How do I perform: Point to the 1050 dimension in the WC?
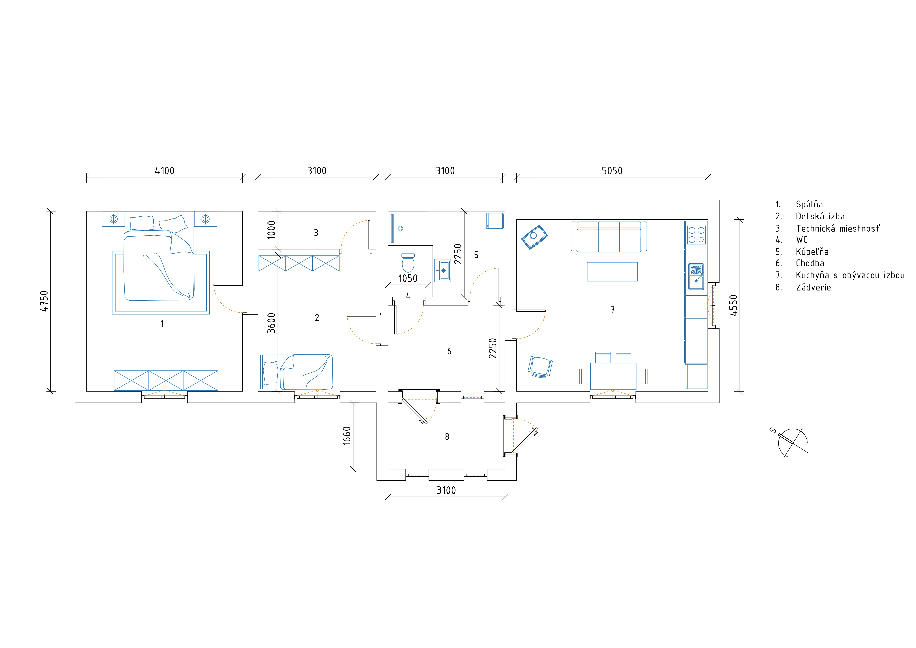pyautogui.click(x=408, y=278)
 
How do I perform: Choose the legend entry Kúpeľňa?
pyautogui.click(x=812, y=252)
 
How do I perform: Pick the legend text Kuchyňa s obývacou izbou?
pyautogui.click(x=850, y=275)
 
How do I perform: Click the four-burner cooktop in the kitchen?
pyautogui.click(x=696, y=235)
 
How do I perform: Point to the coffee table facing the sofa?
pyautogui.click(x=612, y=271)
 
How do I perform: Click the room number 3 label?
pyautogui.click(x=316, y=233)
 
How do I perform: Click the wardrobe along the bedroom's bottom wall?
pyautogui.click(x=166, y=380)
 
